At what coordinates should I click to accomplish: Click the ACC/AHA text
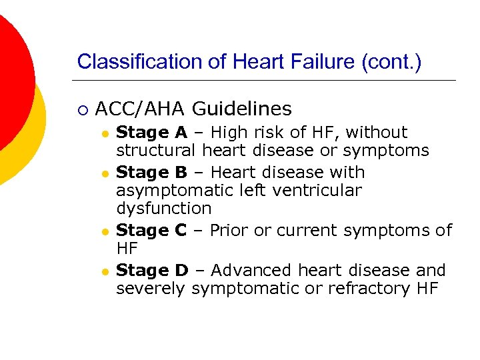[140, 108]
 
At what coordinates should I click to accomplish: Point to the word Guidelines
[242, 108]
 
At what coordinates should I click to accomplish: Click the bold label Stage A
[151, 133]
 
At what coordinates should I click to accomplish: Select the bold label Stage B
[151, 172]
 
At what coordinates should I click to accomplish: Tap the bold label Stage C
[151, 231]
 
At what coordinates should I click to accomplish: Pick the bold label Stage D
[152, 270]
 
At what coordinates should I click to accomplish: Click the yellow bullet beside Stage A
[105, 134]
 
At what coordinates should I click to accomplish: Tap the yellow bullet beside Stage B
[105, 173]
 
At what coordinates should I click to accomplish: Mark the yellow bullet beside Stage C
[105, 232]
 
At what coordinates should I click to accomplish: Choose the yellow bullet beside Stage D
[105, 271]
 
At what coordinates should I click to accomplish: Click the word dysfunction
[163, 209]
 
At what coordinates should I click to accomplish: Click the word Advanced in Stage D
[251, 270]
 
